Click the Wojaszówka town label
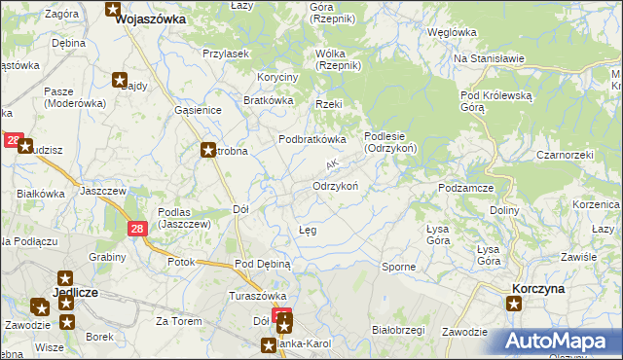coord(151,18)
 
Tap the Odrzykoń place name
coord(337,185)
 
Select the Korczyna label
coord(539,289)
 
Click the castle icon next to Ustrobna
coord(208,150)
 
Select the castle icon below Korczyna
coord(515,304)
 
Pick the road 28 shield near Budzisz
coord(13,141)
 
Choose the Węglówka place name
coord(451,32)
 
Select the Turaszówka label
coord(255,296)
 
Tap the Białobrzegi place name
coord(398,330)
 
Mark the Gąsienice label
coord(199,111)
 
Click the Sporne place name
coord(398,266)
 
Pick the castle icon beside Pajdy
coord(121,79)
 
